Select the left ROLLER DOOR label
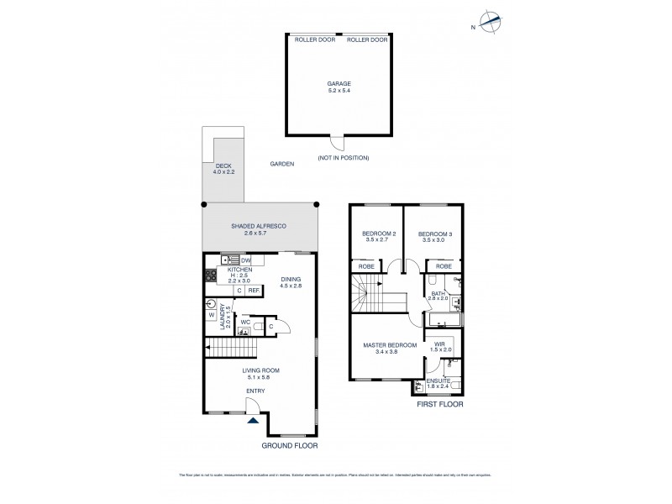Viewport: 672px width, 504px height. pos(308,39)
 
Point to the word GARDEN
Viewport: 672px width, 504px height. pos(282,165)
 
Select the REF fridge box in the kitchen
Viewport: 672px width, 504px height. pos(251,291)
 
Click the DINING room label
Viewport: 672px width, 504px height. pos(291,282)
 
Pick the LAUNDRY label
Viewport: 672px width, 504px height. pos(223,321)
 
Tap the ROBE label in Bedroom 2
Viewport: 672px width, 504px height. pos(367,265)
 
